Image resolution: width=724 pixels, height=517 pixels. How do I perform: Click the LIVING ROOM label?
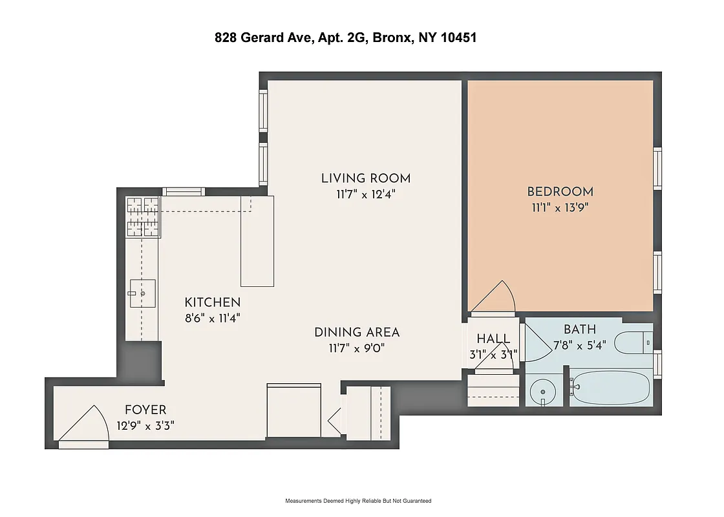point(366,178)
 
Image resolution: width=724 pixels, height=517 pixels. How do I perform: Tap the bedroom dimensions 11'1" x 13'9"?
point(560,207)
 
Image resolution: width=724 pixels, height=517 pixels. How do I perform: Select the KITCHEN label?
point(213,302)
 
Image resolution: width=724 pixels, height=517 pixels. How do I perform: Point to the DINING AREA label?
point(357,332)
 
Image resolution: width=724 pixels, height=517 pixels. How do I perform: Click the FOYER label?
point(145,410)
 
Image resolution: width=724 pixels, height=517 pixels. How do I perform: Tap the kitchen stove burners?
point(142,217)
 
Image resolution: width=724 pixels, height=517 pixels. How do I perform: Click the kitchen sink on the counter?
point(142,294)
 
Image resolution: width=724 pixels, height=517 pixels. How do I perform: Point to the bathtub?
point(611,388)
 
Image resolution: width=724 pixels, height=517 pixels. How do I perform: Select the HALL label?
point(493,339)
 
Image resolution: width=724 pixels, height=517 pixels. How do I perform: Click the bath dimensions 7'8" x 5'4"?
point(579,345)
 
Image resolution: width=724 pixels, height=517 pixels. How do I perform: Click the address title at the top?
point(346,38)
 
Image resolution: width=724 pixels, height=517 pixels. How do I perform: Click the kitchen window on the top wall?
point(183,191)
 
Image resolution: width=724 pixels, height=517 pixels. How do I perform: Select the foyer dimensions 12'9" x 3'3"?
point(145,425)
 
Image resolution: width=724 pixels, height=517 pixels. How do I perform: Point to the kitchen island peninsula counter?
point(257,242)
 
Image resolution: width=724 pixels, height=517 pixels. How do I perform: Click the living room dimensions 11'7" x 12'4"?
point(366,194)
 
